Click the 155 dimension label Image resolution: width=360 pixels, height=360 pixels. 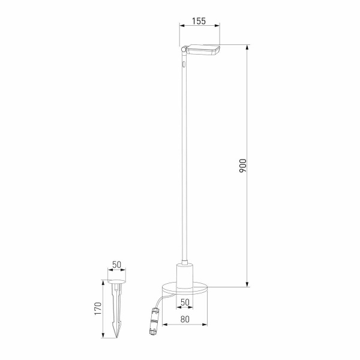pyautogui.click(x=199, y=21)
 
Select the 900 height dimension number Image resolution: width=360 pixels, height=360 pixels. pyautogui.click(x=242, y=166)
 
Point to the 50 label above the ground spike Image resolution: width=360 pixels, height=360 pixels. pyautogui.click(x=117, y=265)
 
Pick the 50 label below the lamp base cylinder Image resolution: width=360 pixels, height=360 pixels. pyautogui.click(x=185, y=302)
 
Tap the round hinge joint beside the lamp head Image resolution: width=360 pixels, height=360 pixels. pyautogui.click(x=184, y=49)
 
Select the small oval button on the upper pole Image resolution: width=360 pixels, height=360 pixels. pyautogui.click(x=184, y=62)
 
